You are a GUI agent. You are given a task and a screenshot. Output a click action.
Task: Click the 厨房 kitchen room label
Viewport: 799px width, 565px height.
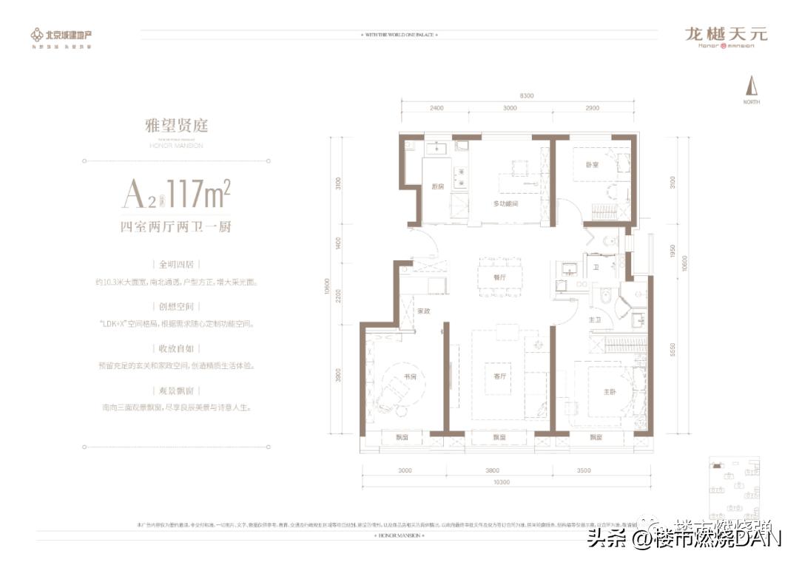438,186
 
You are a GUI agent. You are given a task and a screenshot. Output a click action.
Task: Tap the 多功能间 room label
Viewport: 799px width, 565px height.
507,202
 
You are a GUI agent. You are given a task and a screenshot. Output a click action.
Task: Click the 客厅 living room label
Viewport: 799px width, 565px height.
499,376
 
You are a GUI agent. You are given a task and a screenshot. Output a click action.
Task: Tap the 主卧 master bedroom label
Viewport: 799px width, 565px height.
610,392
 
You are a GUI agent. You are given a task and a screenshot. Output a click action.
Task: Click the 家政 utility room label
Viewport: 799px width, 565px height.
422,311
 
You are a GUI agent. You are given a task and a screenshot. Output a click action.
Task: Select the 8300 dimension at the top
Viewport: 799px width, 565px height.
527,95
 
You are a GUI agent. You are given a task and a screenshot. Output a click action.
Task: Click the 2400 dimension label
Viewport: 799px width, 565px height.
436,108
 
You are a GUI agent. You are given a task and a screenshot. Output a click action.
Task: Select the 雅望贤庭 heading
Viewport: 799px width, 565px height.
176,126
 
